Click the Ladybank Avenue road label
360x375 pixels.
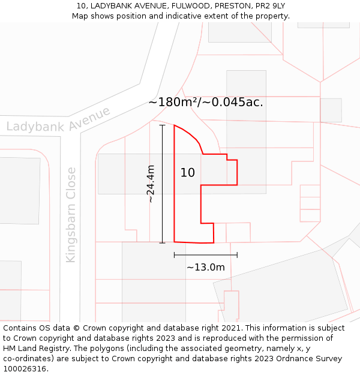point(58,120)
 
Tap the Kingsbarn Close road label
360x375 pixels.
point(71,214)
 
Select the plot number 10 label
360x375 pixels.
point(188,173)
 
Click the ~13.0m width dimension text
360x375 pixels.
point(205,267)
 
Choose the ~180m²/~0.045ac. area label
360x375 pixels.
point(206,102)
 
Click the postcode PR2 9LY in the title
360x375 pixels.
point(268,6)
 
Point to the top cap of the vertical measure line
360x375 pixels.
point(162,125)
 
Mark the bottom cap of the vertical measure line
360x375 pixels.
point(162,242)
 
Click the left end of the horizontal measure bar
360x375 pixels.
point(175,255)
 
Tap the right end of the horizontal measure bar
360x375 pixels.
point(237,255)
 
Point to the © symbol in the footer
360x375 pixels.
point(76,328)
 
